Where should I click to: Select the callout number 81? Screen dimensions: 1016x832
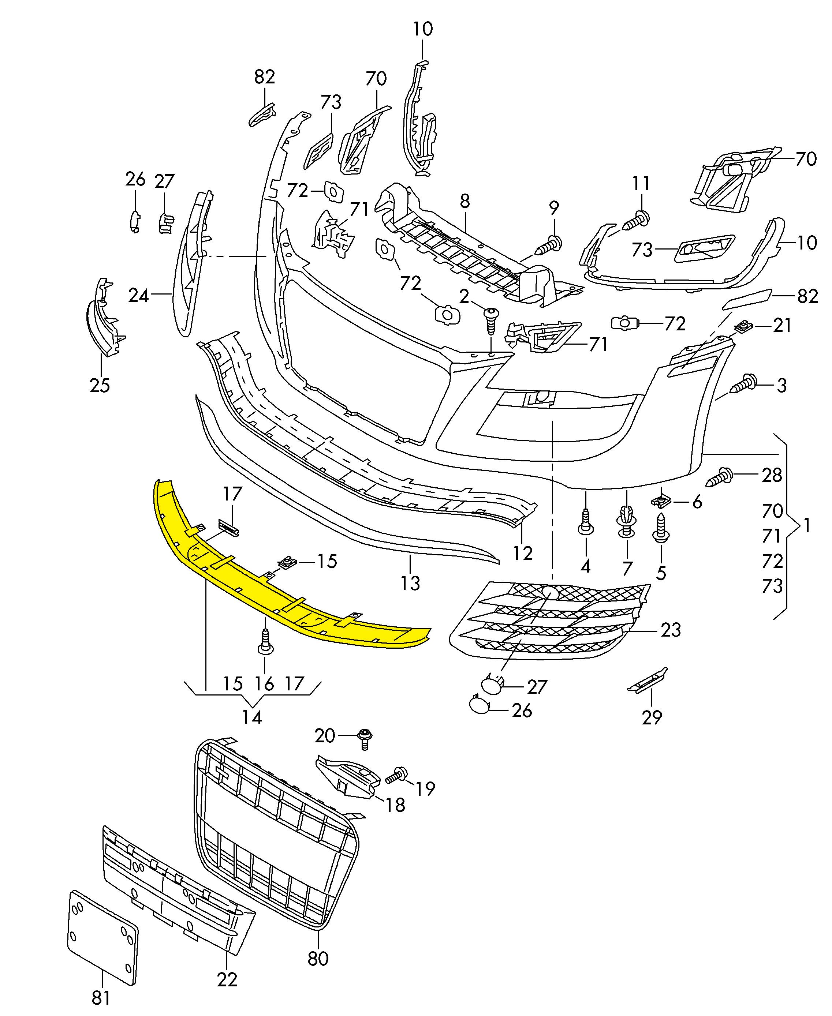(101, 998)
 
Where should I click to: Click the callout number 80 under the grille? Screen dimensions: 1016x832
(318, 959)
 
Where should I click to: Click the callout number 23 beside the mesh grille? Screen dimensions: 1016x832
(671, 630)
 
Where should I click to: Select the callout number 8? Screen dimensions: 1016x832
(464, 202)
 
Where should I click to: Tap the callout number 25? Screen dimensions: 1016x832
(100, 385)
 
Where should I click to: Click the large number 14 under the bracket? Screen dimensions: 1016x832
(252, 717)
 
